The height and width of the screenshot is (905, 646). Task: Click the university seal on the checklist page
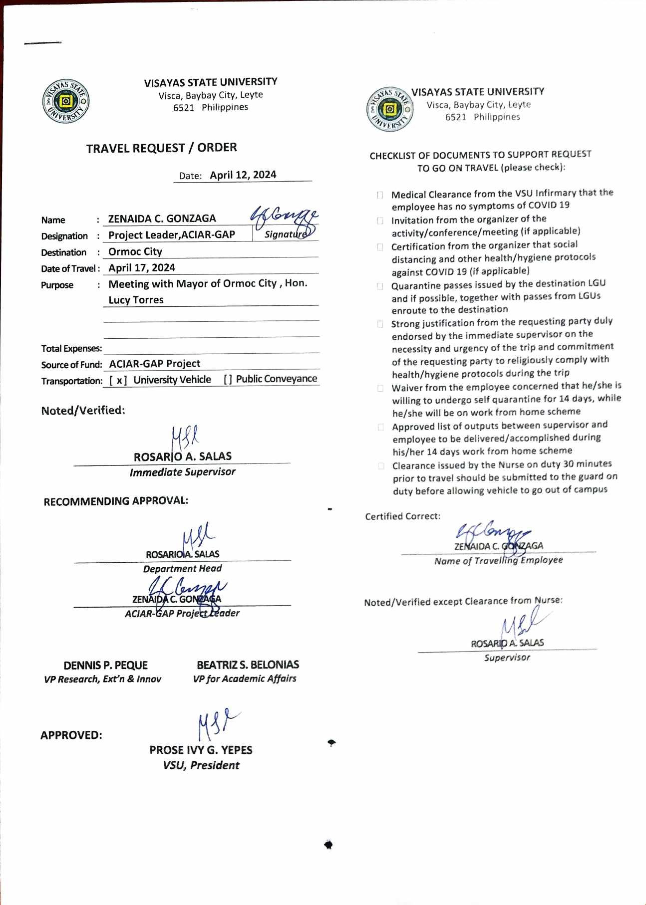click(390, 109)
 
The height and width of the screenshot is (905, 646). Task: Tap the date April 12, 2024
click(243, 175)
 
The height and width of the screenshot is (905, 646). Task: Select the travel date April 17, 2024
click(142, 268)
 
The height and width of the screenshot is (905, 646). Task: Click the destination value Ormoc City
click(135, 252)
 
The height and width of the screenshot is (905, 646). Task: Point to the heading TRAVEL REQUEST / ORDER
click(161, 148)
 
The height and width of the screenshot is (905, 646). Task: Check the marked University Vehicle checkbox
click(118, 381)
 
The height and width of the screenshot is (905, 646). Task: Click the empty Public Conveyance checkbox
click(228, 380)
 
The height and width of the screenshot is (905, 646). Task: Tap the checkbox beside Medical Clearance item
click(380, 195)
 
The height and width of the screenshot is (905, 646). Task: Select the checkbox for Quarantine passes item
click(380, 286)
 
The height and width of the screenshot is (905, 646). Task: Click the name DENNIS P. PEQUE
click(105, 666)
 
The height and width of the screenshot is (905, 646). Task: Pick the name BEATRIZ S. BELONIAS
click(248, 665)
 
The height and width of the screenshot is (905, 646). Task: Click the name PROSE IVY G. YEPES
click(201, 750)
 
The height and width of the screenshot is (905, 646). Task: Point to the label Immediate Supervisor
click(182, 472)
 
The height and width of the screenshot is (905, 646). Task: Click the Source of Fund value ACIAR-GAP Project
click(155, 364)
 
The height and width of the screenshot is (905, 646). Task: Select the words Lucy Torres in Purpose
click(136, 300)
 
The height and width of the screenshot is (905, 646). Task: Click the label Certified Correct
click(402, 516)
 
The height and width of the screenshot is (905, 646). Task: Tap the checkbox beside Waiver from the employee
click(381, 388)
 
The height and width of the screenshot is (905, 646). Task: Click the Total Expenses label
click(71, 349)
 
